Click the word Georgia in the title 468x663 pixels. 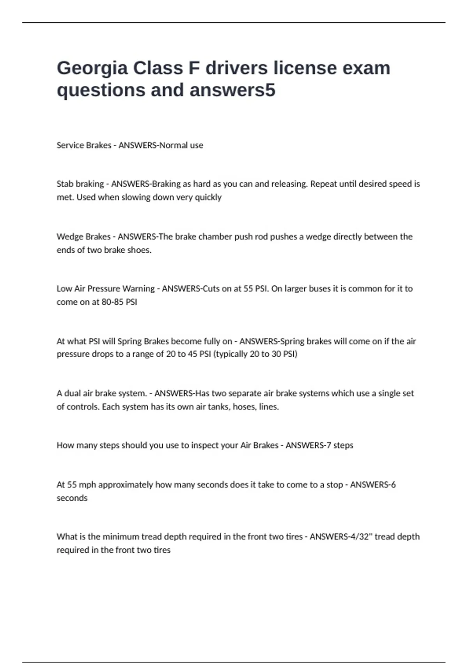click(92, 69)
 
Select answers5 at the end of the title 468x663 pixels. click(233, 90)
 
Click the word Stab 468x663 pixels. click(64, 184)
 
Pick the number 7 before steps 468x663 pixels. click(329, 445)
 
